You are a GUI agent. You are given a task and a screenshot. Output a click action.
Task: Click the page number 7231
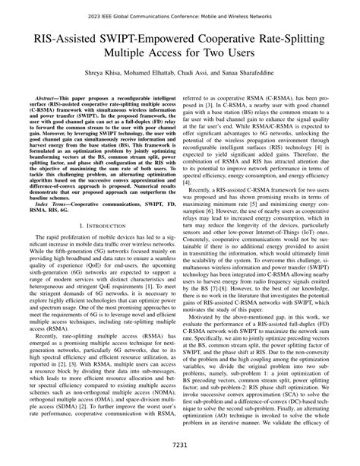point(180,445)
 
